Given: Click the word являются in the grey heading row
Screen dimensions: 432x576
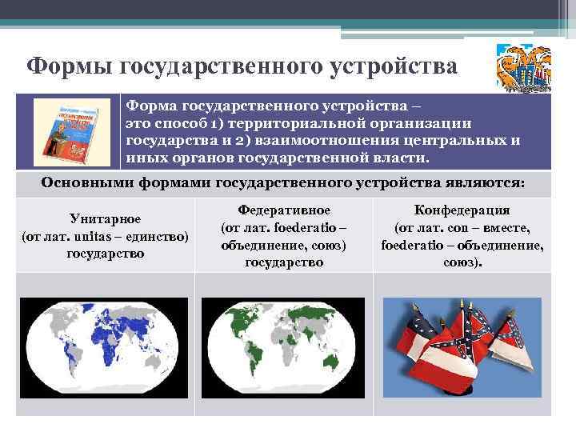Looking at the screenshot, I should [489, 183].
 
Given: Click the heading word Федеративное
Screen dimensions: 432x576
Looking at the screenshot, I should [284, 210].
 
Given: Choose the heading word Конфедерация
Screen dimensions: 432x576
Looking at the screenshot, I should [462, 210].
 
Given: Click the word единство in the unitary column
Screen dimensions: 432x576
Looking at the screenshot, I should [156, 237].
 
